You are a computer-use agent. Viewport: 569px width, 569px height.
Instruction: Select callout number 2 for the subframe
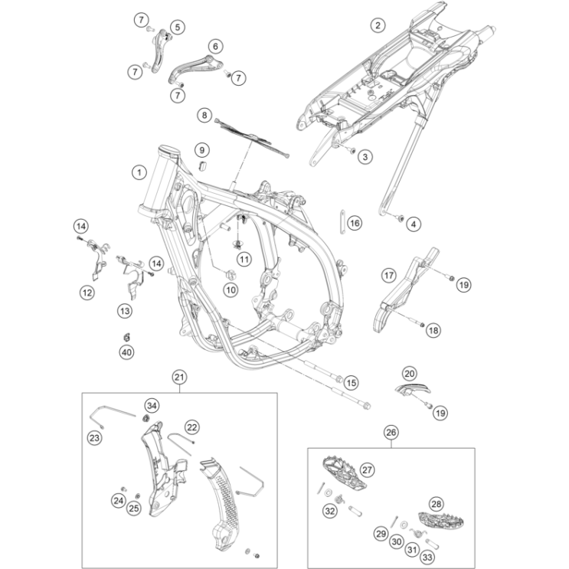pyautogui.click(x=377, y=25)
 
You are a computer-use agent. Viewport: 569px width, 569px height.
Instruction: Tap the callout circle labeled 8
pyautogui.click(x=204, y=116)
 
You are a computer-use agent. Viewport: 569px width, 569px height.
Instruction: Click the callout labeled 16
pyautogui.click(x=353, y=223)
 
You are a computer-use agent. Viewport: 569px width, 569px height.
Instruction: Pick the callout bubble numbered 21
pyautogui.click(x=179, y=376)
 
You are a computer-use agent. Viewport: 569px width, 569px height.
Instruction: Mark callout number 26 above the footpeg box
pyautogui.click(x=391, y=433)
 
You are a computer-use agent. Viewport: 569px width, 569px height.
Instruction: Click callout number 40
pyautogui.click(x=126, y=352)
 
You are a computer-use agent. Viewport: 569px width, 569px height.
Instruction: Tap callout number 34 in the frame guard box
pyautogui.click(x=151, y=404)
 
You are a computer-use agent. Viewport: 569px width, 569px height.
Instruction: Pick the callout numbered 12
pyautogui.click(x=88, y=291)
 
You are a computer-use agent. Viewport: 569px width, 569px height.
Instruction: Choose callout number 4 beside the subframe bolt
pyautogui.click(x=414, y=224)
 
